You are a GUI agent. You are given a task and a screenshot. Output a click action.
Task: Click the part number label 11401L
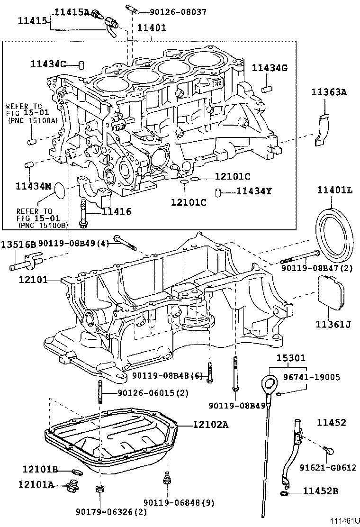[x=335, y=191]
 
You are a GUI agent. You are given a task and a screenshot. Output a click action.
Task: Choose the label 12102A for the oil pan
[x=210, y=425]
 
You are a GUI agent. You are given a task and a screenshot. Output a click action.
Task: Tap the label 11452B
[x=321, y=491]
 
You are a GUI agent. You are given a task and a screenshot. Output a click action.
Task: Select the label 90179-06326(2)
[x=111, y=511]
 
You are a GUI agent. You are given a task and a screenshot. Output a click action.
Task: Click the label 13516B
[x=18, y=245]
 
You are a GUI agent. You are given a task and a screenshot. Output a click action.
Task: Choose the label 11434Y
[x=254, y=191]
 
